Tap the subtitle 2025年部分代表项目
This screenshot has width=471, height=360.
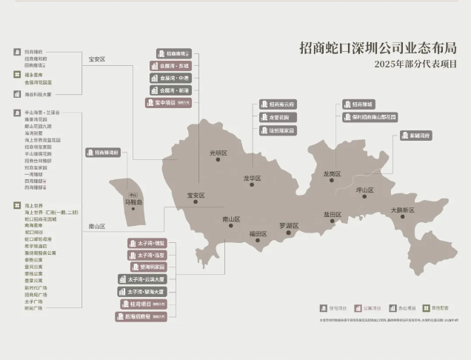pyautogui.click(x=415, y=64)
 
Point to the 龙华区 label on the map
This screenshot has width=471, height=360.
pyautogui.click(x=252, y=178)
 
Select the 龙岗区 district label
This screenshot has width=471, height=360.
pyautogui.click(x=332, y=174)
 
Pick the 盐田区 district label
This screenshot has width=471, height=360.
pyautogui.click(x=332, y=214)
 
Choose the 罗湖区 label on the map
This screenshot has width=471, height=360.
pyautogui.click(x=289, y=224)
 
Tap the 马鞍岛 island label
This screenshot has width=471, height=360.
pyautogui.click(x=133, y=201)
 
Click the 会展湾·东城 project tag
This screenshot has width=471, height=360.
pyautogui.click(x=170, y=66)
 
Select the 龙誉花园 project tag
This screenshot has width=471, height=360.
pyautogui.click(x=278, y=117)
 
